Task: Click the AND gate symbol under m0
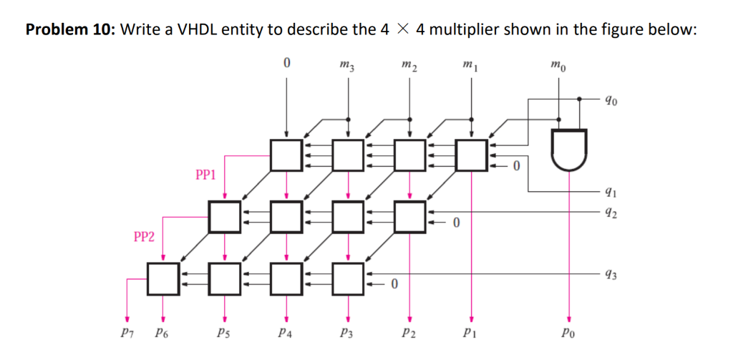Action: click(569, 149)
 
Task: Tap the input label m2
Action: click(409, 67)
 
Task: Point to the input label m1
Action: click(470, 67)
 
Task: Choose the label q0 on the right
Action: click(610, 100)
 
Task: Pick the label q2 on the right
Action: click(610, 212)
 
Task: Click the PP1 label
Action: click(205, 174)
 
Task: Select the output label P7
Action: click(127, 333)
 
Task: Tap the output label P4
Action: click(286, 333)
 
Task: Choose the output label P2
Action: click(409, 333)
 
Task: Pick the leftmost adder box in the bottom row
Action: click(163, 278)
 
